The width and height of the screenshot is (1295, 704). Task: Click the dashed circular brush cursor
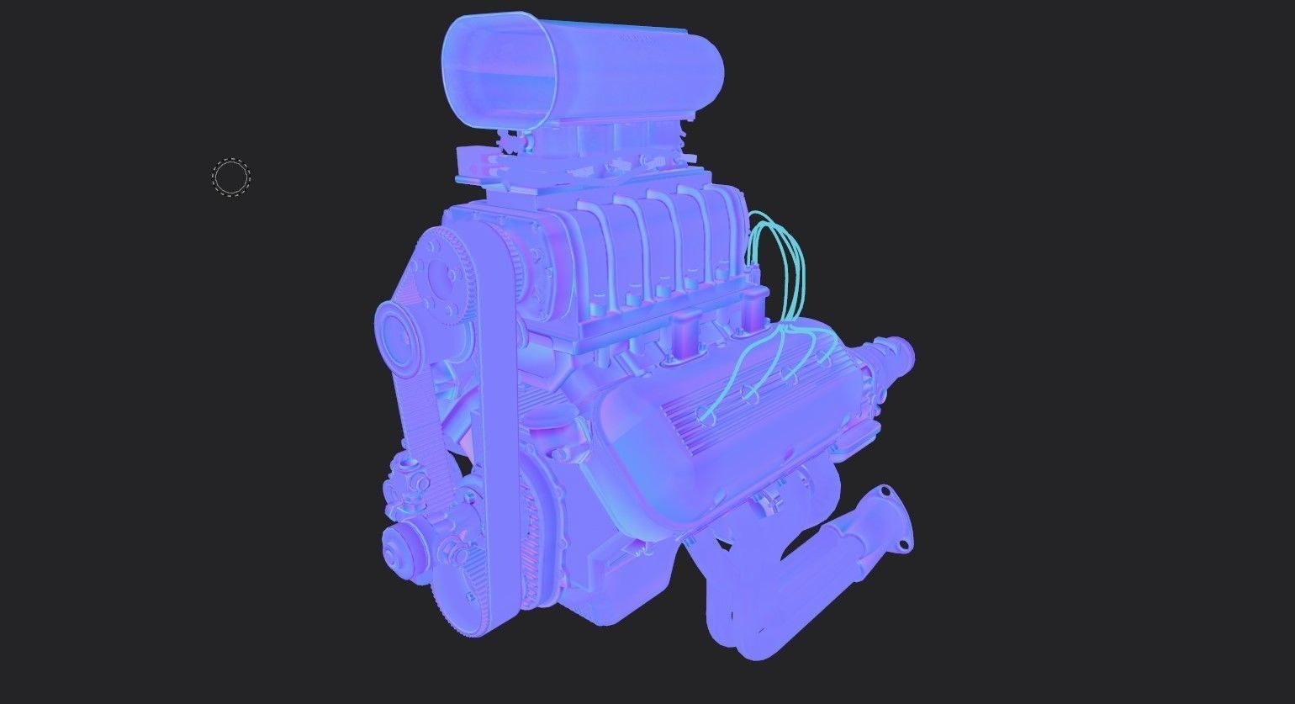tap(231, 177)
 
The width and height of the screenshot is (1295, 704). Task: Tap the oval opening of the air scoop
tap(499, 72)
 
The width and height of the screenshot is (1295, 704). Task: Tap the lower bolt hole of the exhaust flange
tap(904, 545)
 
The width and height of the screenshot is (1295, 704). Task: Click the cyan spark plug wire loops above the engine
tap(778, 252)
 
